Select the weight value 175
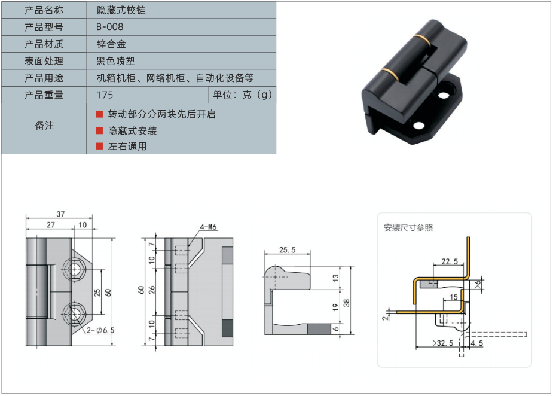104,95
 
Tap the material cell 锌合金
111,44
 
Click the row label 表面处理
44,60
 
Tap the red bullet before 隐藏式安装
99,130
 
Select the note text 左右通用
127,146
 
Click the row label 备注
44,126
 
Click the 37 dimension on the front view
60,214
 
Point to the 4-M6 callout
208,227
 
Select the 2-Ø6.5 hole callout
100,330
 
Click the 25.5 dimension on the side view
288,250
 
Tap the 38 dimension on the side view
346,303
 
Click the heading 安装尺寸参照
408,227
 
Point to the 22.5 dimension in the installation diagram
450,261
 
